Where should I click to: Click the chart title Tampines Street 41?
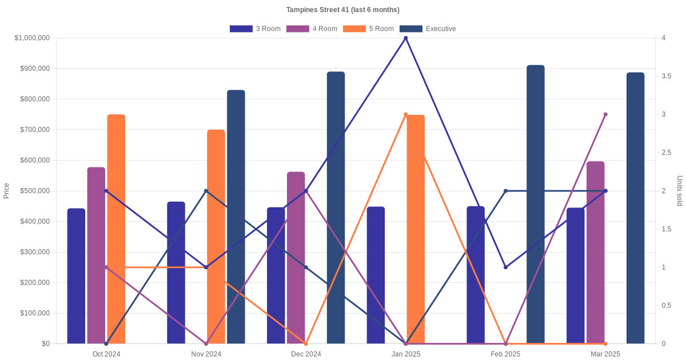342,10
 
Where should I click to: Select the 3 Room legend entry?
255,29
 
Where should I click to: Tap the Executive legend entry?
428,29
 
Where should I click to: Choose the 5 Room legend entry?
368,29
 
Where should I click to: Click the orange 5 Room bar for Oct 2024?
116,229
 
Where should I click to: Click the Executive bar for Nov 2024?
236,217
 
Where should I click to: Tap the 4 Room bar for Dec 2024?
296,258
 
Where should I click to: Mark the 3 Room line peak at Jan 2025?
406,38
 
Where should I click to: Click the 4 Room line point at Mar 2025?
605,114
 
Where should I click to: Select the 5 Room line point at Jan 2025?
406,114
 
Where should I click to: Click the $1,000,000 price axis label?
31,38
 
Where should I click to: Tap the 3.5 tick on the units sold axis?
666,76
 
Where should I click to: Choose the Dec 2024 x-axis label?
306,354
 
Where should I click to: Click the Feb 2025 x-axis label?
505,354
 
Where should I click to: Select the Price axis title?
6,191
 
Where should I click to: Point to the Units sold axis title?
680,191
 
